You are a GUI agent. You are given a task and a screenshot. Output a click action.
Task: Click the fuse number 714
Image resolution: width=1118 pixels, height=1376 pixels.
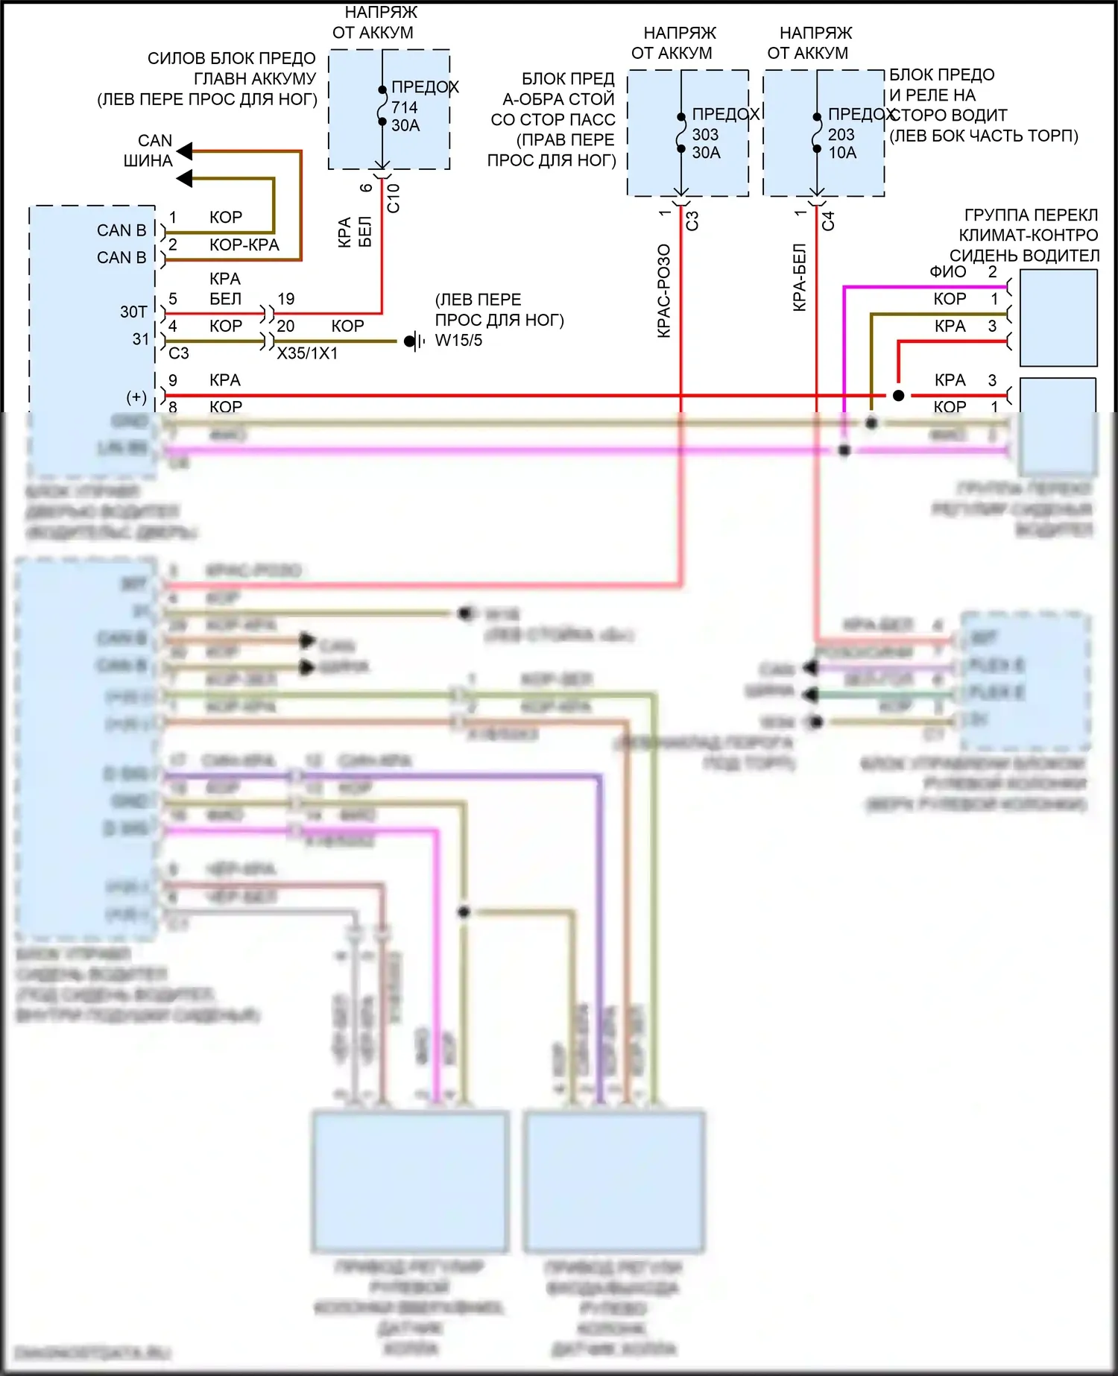404,107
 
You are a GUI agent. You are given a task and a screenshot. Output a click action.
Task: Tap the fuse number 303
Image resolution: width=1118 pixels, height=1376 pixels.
705,135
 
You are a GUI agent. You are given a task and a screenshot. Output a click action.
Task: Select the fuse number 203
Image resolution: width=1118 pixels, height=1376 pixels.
841,135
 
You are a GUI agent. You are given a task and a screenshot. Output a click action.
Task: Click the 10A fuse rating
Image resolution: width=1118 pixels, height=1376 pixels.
842,153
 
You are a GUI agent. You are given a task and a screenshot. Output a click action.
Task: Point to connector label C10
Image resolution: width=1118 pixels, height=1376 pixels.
394,198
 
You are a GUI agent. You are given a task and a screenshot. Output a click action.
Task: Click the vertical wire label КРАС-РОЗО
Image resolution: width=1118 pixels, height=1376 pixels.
664,291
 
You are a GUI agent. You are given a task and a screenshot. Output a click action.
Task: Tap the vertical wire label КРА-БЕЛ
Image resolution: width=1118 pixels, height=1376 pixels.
800,277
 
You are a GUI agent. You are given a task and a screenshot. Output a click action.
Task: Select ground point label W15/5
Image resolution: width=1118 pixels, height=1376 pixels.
458,341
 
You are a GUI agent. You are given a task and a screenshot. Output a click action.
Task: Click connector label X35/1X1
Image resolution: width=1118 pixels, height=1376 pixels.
307,353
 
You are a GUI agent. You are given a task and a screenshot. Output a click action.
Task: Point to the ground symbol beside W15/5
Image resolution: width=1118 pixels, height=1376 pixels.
412,341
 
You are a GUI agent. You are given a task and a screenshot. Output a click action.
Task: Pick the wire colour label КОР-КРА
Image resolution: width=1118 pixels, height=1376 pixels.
244,245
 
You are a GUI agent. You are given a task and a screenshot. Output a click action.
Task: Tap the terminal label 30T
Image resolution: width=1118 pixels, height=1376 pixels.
133,312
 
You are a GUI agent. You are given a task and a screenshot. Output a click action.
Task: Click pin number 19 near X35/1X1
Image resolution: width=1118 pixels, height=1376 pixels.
286,299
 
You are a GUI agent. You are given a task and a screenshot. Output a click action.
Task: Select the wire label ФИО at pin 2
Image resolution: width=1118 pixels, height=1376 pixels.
947,272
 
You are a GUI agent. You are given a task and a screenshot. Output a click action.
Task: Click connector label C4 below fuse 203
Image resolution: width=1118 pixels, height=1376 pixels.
828,221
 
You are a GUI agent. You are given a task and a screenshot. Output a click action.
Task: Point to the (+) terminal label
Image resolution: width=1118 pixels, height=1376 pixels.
136,397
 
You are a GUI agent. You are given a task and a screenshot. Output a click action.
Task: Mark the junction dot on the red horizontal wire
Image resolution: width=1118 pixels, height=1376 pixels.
898,396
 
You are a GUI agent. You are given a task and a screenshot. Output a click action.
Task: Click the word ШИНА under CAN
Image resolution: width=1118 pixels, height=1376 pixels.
148,161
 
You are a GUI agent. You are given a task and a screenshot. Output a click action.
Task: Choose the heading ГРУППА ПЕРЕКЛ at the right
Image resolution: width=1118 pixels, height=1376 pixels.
1031,215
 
